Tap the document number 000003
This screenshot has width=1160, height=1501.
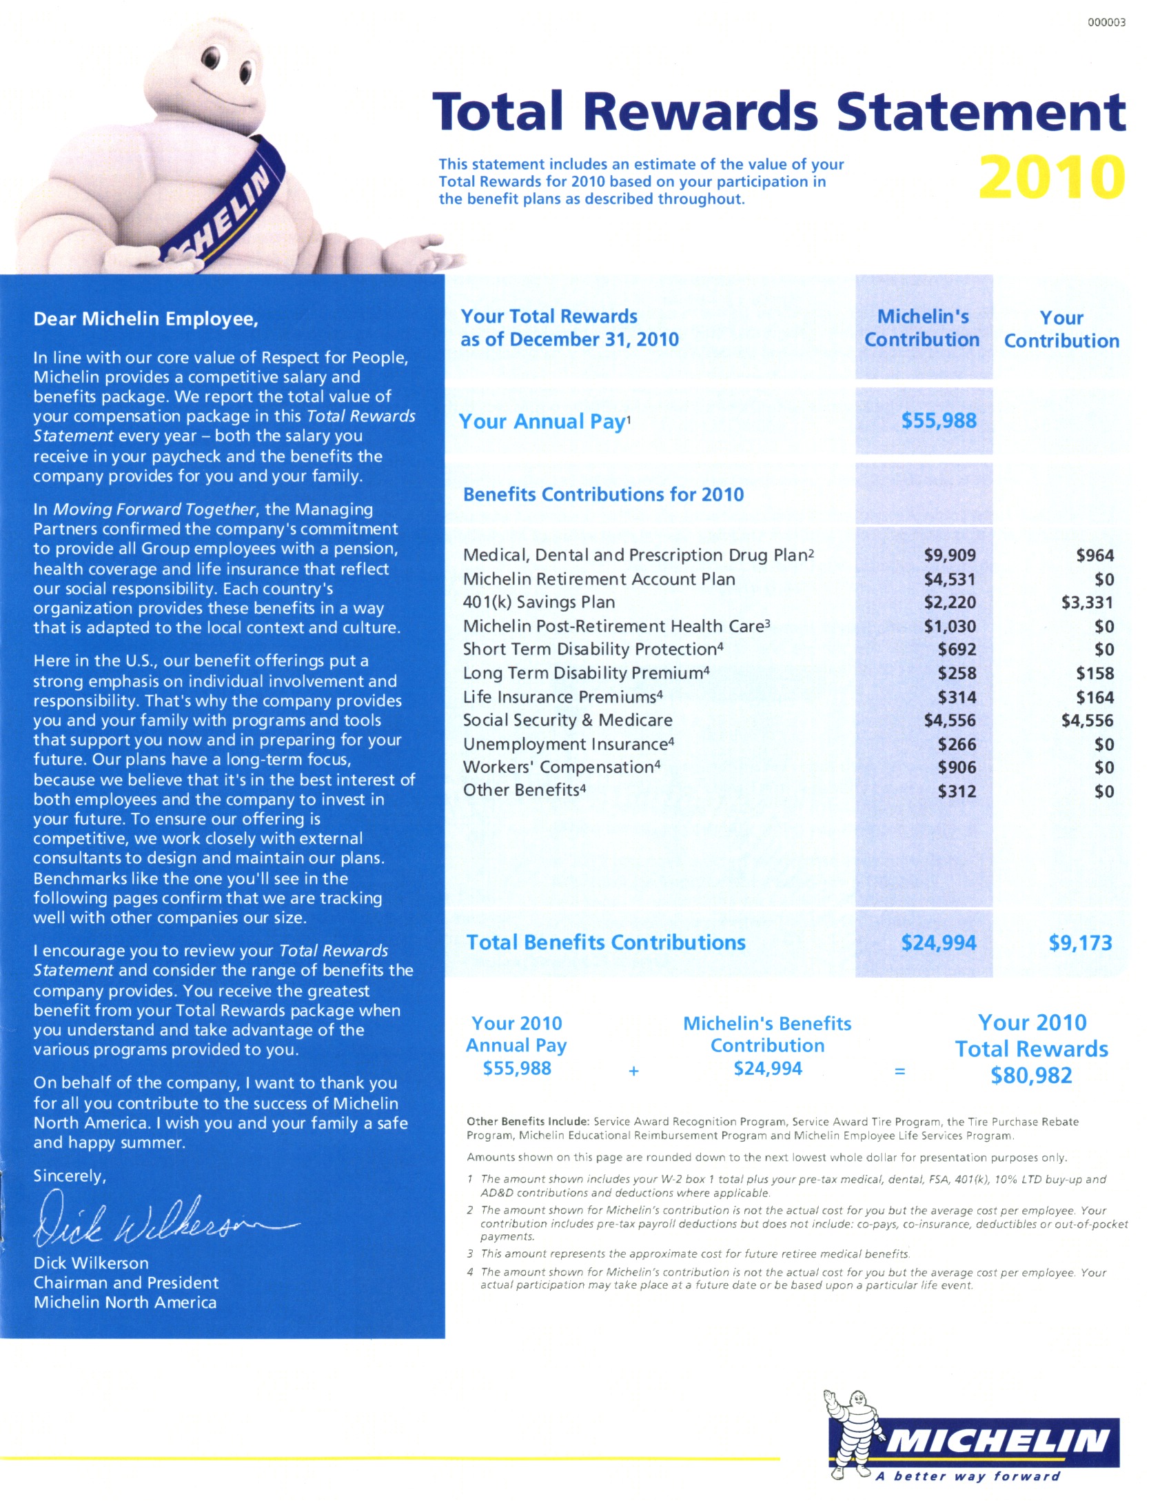coord(1106,22)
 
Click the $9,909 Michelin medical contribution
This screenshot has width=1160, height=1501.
coord(950,555)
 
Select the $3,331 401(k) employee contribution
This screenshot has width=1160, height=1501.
coord(1087,603)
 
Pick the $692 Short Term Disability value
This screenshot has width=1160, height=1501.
coord(957,649)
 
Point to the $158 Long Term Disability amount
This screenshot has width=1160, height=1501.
coord(1095,674)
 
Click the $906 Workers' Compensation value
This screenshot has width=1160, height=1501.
coord(957,767)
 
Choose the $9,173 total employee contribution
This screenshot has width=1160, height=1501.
coord(1080,943)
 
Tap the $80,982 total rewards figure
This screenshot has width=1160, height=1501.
coord(1031,1076)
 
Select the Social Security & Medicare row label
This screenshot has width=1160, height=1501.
coord(567,721)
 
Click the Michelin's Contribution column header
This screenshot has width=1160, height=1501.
coord(922,328)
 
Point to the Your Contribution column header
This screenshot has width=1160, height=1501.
coord(1061,330)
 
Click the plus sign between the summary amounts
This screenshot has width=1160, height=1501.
coord(633,1071)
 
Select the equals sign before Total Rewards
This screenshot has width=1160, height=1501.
coord(899,1071)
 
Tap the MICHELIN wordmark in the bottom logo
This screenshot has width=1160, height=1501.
coord(997,1441)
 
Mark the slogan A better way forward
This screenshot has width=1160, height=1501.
coord(967,1476)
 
